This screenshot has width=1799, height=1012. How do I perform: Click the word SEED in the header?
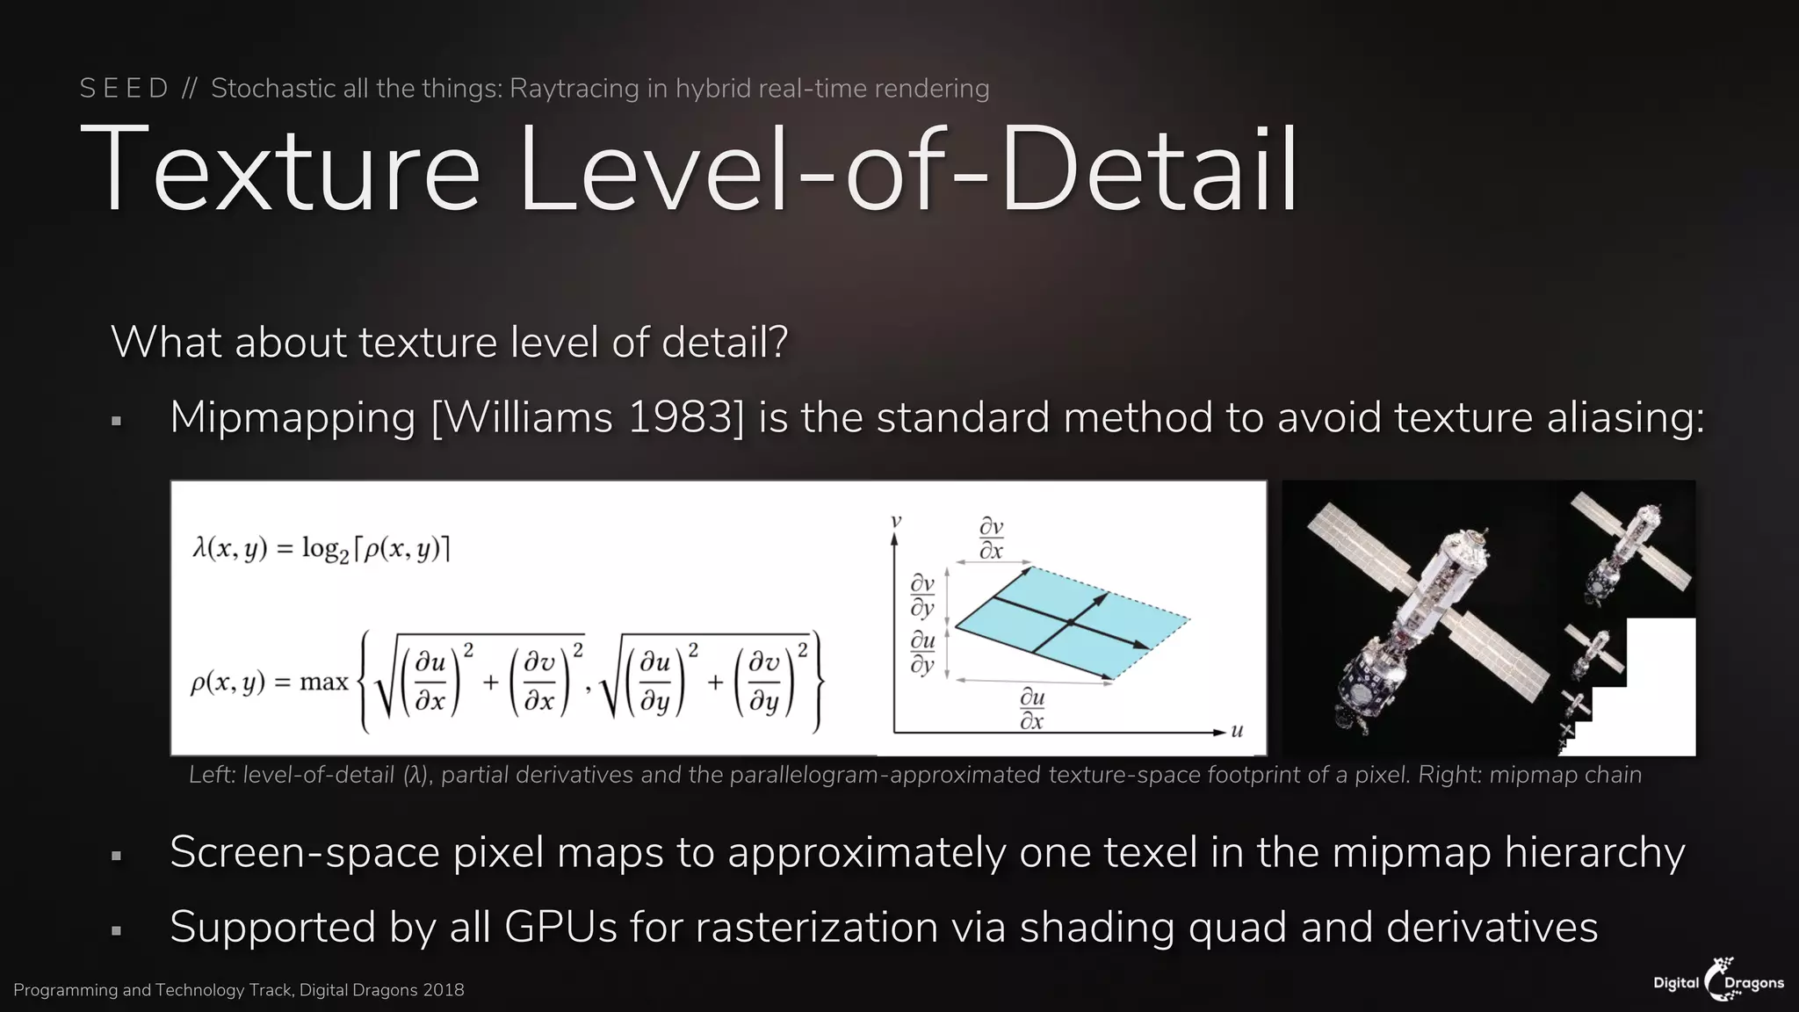pos(124,89)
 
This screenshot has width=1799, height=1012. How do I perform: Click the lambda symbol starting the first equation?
pos(199,548)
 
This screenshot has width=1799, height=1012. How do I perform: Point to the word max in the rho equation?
pos(324,682)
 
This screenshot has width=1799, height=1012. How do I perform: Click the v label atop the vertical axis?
pos(896,521)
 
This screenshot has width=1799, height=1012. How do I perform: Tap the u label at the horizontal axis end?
pos(1237,730)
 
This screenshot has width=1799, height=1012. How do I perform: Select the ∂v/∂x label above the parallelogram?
pos(991,539)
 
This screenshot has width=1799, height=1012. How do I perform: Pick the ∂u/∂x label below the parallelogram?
pos(1032,709)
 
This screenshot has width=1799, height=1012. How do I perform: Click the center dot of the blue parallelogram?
pos(1070,622)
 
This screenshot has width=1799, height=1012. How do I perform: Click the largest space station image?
pos(1423,615)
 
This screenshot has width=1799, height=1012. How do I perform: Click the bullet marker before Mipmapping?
pos(116,422)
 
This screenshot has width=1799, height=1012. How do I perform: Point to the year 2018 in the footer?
pos(443,990)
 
